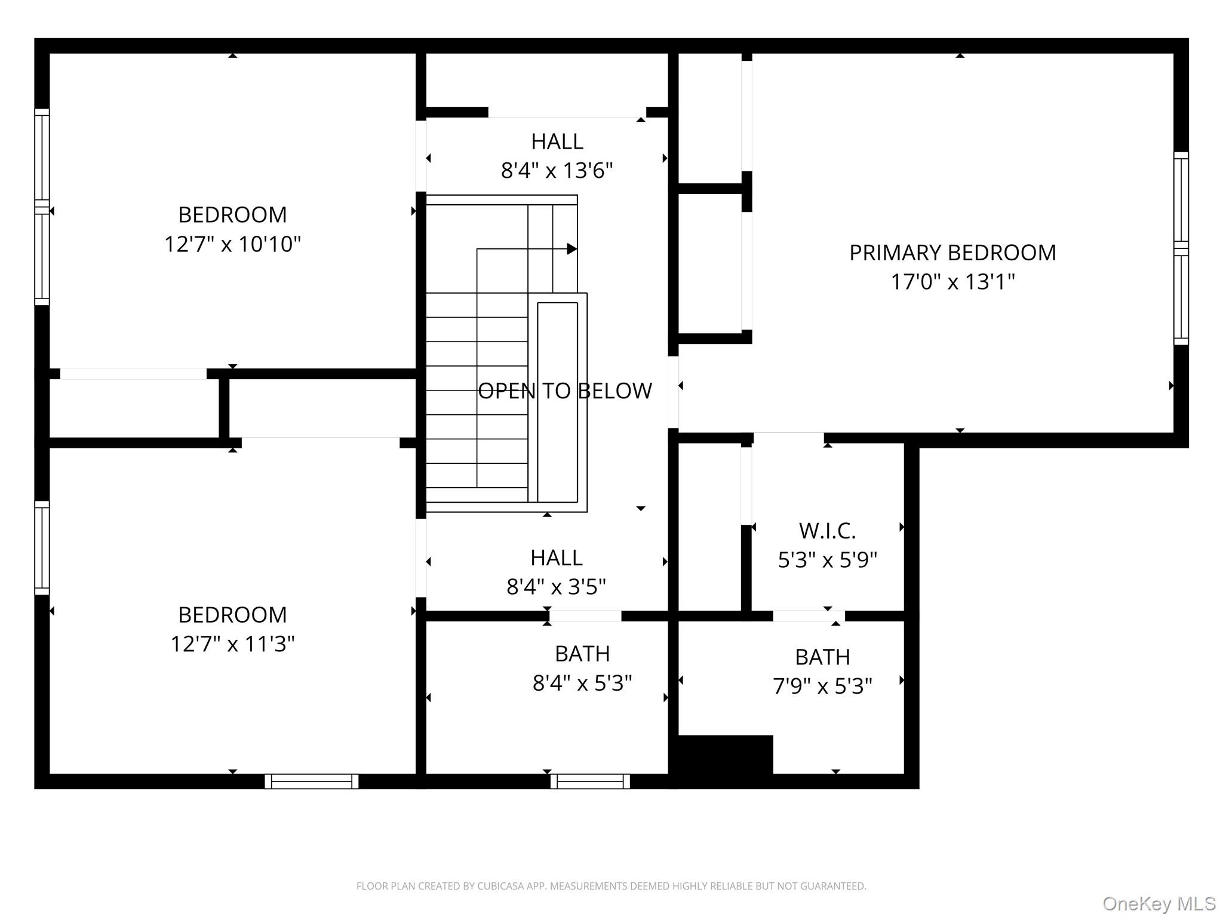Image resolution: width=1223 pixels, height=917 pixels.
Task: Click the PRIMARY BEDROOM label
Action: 952,253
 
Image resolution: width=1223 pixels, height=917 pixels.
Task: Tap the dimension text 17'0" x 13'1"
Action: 952,282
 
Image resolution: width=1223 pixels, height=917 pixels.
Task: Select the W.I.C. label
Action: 827,530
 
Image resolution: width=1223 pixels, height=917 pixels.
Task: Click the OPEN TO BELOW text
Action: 564,391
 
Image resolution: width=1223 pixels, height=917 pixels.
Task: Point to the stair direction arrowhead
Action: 571,248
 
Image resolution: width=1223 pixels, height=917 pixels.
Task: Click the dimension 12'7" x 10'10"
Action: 232,244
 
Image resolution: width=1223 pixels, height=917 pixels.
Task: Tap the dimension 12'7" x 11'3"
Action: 232,644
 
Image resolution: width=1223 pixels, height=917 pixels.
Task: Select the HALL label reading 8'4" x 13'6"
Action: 557,141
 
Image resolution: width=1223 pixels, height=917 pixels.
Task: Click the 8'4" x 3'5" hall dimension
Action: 556,587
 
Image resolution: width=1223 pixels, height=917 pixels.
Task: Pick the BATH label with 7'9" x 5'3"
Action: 822,657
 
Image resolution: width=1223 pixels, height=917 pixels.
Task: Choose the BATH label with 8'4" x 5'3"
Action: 582,654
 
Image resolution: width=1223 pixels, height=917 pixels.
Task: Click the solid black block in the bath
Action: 726,755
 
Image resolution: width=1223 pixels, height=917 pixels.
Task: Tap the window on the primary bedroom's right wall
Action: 1181,248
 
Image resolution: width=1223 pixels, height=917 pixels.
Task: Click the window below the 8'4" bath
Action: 590,781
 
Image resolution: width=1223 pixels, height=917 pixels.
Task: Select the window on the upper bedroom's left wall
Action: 42,207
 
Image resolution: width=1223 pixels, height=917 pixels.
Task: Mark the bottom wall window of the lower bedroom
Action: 312,781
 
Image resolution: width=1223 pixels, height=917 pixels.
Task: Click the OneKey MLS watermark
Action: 1159,903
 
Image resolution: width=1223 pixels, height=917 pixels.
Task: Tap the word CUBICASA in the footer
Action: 500,886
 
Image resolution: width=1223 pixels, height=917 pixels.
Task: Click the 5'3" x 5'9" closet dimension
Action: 827,560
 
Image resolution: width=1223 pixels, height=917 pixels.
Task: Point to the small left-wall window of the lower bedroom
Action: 42,547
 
